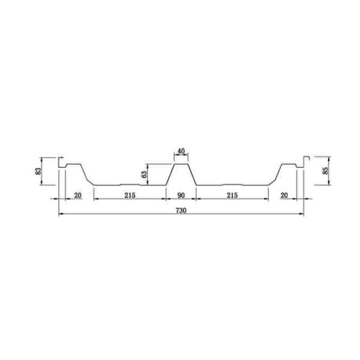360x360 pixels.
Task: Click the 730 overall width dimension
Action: click(x=181, y=211)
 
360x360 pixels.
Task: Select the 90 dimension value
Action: click(x=181, y=196)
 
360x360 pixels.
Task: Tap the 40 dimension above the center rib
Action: click(x=181, y=151)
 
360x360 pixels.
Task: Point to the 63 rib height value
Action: click(x=144, y=174)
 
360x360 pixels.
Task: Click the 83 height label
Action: click(x=38, y=171)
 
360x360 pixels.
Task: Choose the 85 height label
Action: click(x=325, y=171)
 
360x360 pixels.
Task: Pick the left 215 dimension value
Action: click(x=130, y=196)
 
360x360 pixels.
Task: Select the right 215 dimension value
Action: click(x=232, y=196)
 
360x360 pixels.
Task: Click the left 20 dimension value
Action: click(x=78, y=196)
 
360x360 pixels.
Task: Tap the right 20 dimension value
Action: click(x=284, y=196)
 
